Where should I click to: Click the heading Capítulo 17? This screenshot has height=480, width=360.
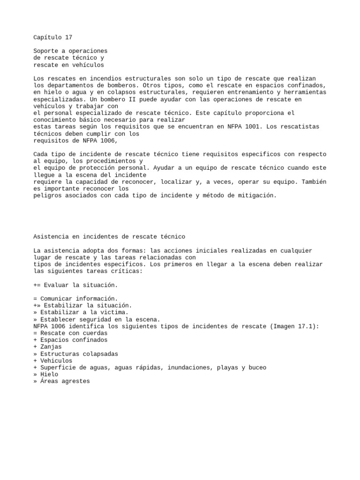coord(53,37)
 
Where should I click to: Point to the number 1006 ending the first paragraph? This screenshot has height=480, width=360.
coord(105,141)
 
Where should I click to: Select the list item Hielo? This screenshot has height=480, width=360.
coord(49,375)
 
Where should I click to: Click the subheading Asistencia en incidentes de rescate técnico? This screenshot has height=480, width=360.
coord(110,237)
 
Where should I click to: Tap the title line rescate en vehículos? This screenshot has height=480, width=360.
coord(69,65)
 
